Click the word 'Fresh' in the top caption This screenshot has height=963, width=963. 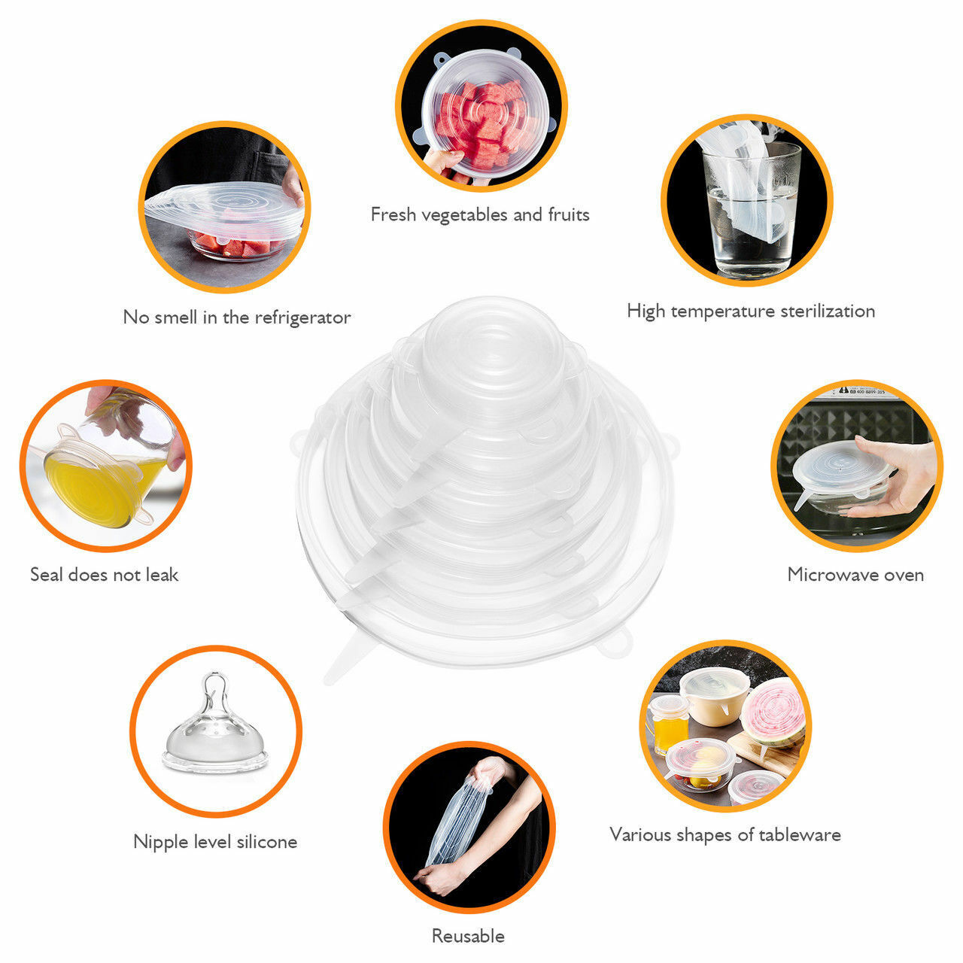coord(393,214)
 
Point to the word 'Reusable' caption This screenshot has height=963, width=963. coord(468,936)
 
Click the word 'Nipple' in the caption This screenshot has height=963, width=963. coord(159,841)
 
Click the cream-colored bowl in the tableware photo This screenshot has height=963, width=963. coord(715,700)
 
